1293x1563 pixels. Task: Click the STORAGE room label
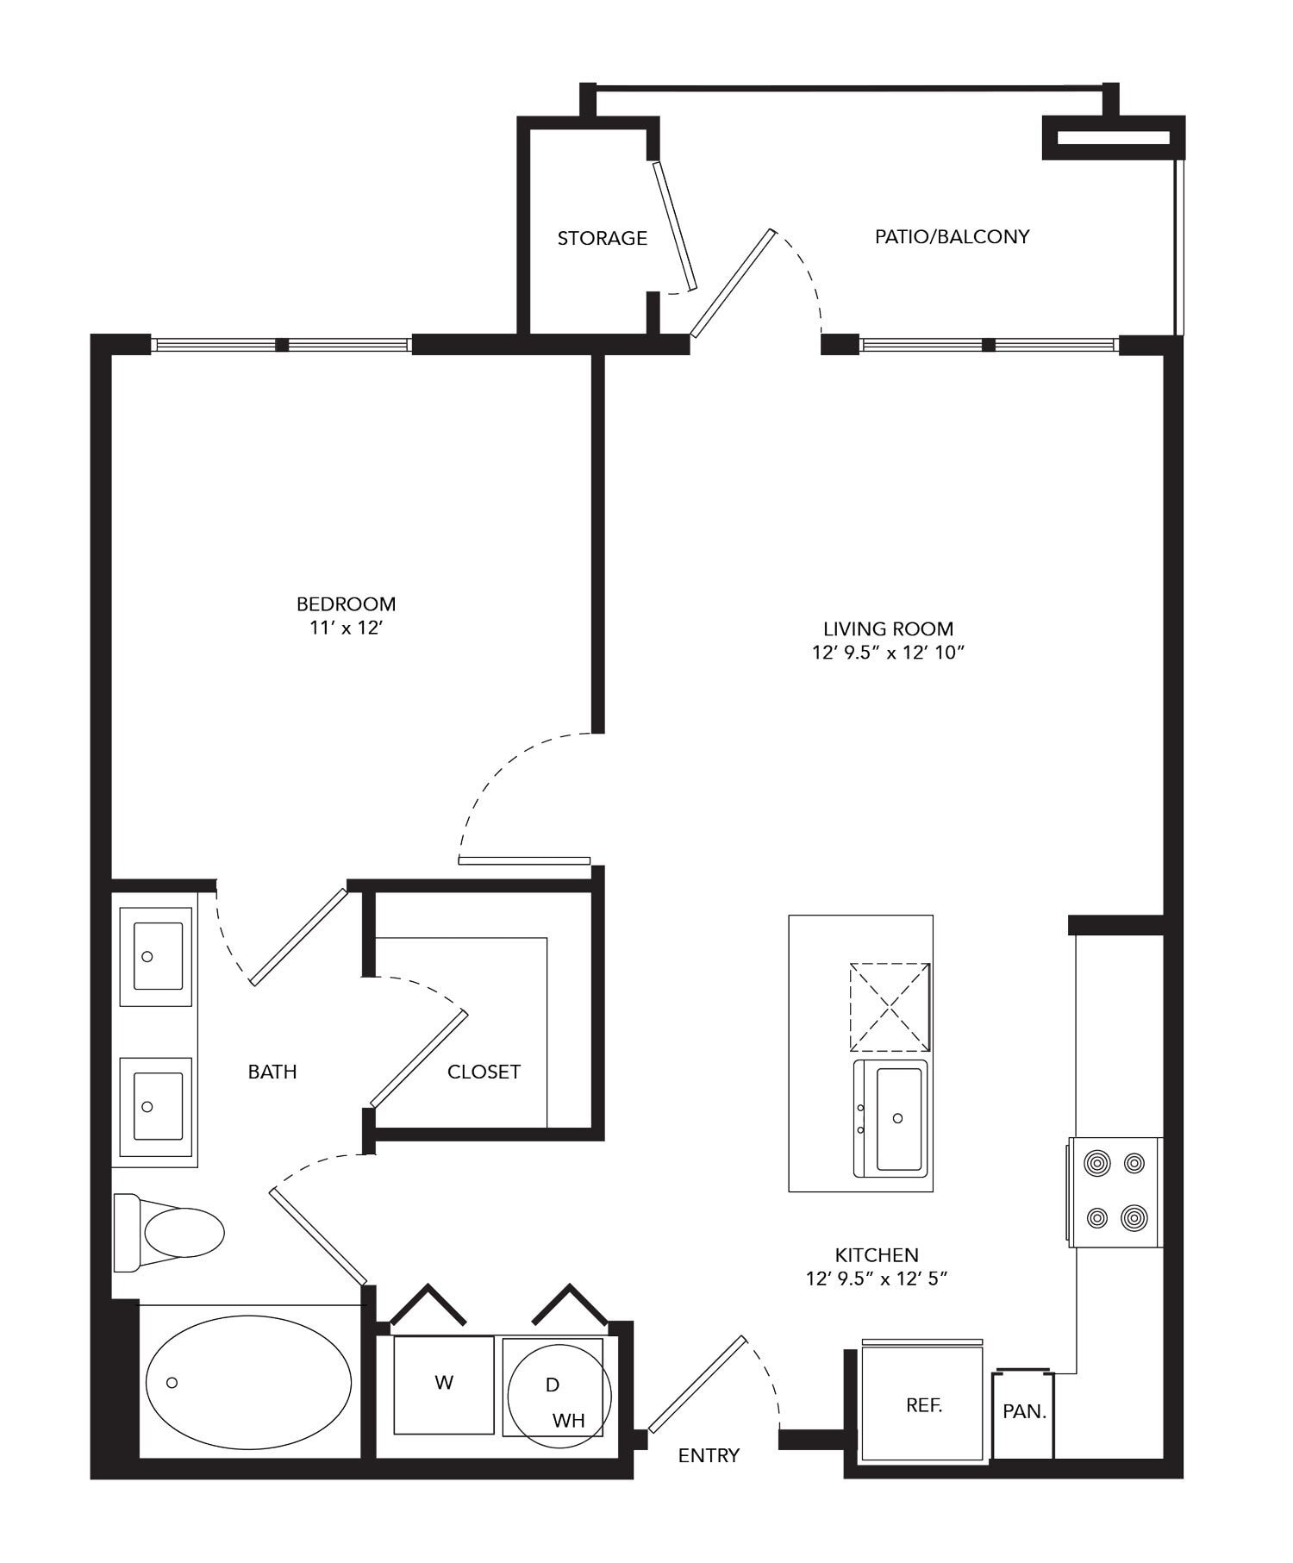[602, 238]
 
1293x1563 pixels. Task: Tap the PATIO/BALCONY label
[952, 236]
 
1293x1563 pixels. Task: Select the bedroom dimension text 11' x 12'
[346, 628]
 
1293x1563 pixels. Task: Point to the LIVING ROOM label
[888, 628]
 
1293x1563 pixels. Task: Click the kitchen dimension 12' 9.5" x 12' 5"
[877, 1279]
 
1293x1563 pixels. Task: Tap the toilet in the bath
[172, 1232]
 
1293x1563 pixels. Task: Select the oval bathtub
[248, 1382]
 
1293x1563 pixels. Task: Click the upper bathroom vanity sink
[157, 956]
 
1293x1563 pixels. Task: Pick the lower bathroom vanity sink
[157, 1106]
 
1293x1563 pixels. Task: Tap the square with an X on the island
[890, 1007]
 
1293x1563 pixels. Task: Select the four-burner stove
[1115, 1191]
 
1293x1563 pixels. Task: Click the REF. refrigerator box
[923, 1404]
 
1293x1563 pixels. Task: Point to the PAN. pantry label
[1024, 1413]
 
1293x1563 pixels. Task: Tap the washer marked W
[444, 1383]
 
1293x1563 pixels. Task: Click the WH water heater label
[568, 1420]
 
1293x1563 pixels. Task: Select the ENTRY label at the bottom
[709, 1455]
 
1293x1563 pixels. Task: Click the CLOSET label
[484, 1072]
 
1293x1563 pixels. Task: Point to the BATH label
[272, 1072]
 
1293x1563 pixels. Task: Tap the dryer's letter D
[553, 1385]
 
